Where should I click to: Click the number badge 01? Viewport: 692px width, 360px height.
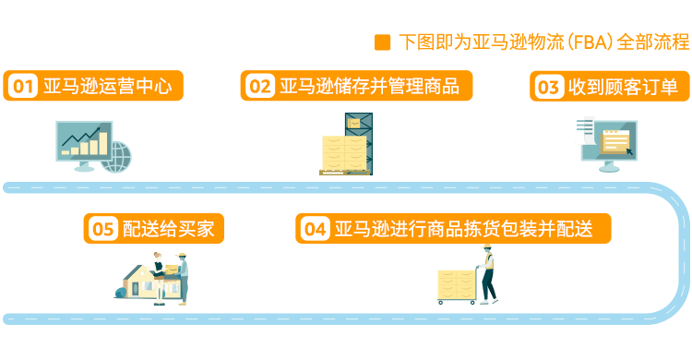click(x=23, y=86)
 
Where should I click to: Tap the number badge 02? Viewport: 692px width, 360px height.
click(x=260, y=86)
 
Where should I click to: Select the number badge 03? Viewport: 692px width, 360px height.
click(x=549, y=87)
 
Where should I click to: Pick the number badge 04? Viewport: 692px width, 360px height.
click(x=316, y=229)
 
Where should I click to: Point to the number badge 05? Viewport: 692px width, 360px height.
click(x=103, y=229)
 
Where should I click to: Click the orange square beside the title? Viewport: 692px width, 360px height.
click(x=383, y=42)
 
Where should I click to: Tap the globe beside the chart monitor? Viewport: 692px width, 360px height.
click(x=116, y=157)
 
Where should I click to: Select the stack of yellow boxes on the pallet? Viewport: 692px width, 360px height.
click(x=343, y=153)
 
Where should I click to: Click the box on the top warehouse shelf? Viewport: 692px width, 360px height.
click(x=355, y=121)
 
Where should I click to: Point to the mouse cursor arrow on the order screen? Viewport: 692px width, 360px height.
click(x=629, y=151)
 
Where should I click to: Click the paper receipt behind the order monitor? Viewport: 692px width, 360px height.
click(x=585, y=131)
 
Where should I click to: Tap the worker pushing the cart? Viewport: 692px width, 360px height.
click(x=488, y=274)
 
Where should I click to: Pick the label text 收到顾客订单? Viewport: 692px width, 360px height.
click(x=623, y=87)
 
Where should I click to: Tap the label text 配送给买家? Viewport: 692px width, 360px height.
click(x=168, y=229)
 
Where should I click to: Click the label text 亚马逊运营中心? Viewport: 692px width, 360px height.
click(x=107, y=86)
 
